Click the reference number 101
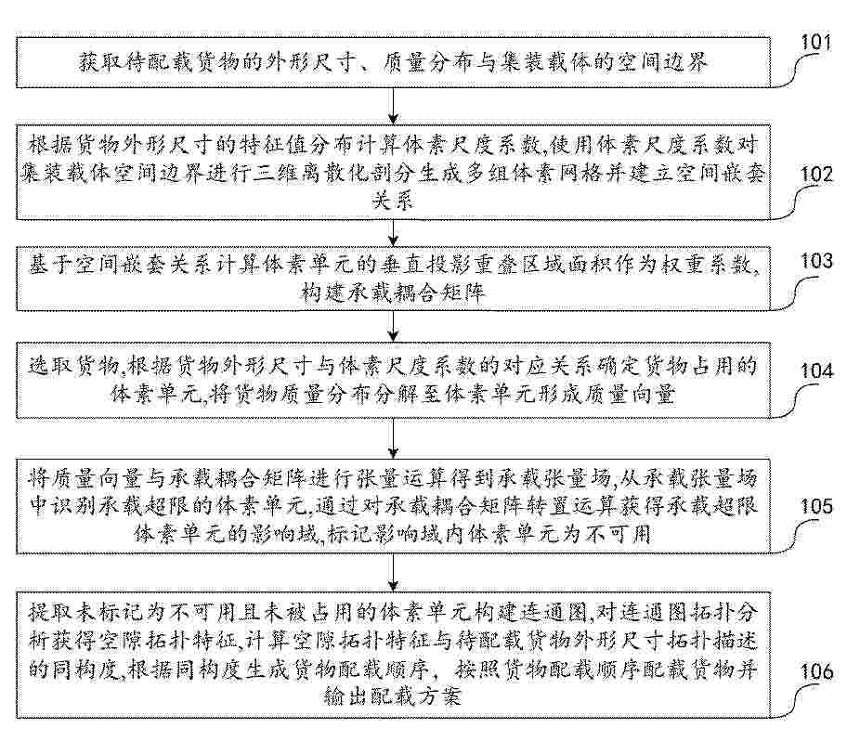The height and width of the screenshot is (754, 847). point(815,42)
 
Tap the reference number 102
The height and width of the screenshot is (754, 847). point(816,175)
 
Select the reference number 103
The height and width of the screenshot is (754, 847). point(816,262)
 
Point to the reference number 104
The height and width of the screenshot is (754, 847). point(816,371)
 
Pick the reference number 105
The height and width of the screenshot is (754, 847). point(816,506)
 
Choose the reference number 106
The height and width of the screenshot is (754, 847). point(816,671)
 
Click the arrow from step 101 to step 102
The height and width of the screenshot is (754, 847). point(393,105)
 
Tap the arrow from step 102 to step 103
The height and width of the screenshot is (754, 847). point(393,233)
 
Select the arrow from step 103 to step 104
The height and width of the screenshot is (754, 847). point(393,326)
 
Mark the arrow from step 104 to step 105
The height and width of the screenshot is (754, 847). point(393,437)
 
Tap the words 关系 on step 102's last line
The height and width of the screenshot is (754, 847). point(393,201)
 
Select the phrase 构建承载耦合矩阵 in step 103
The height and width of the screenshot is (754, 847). point(393,292)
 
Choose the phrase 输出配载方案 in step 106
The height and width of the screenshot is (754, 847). point(392,696)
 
